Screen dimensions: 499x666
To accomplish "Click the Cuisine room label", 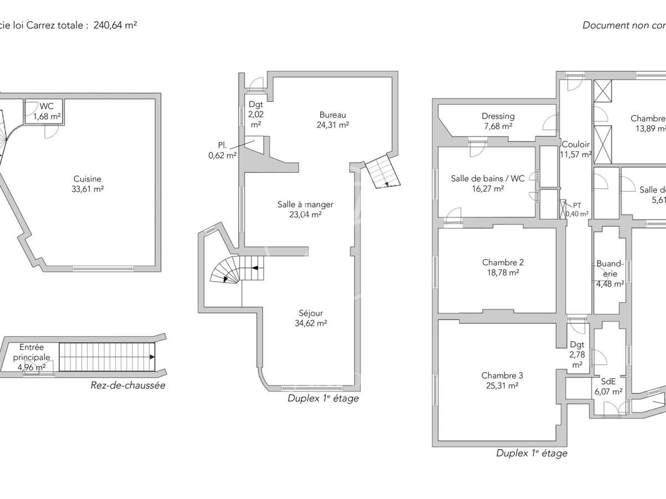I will tap(88, 184).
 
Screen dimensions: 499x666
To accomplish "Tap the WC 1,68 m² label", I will tap(47, 111).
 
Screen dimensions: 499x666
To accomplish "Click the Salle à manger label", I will tap(305, 209).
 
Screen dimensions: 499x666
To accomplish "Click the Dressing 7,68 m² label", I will tap(498, 121).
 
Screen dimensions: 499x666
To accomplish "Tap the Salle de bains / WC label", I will tap(487, 184).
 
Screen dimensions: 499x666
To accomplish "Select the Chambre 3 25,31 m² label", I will tap(502, 380).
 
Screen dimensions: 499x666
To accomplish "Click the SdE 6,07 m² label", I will tap(608, 386).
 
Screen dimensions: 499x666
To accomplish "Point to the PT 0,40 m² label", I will tap(577, 210).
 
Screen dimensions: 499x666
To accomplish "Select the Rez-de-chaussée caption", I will tap(128, 385).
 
